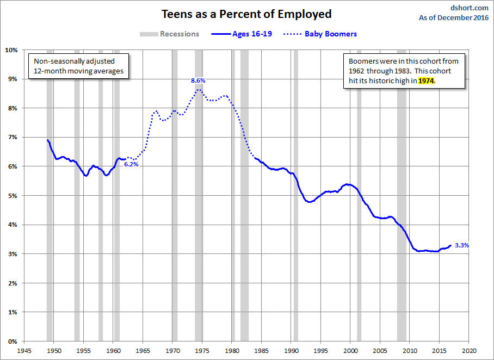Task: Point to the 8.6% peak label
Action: (198, 80)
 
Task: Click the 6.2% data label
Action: (131, 164)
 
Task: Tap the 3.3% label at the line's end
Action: (461, 245)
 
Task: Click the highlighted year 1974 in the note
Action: (427, 80)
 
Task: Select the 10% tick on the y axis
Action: (11, 50)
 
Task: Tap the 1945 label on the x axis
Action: (24, 351)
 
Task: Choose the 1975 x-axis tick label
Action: (202, 351)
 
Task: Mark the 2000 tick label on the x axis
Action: (350, 351)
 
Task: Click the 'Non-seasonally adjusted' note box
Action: (79, 66)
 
